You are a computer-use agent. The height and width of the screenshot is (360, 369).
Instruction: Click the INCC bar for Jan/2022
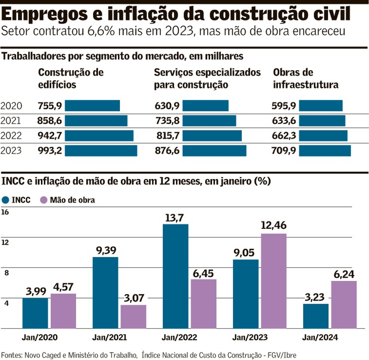coord(175,276)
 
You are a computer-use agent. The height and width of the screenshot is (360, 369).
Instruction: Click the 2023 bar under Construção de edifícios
coord(101,151)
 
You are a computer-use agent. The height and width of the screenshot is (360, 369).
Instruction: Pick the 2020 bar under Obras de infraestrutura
coord(321,106)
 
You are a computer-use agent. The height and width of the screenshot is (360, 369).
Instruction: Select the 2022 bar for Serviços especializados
coord(212,136)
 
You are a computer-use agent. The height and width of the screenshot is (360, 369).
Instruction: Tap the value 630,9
coord(167,106)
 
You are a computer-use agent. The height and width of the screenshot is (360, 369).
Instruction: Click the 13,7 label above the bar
coord(175,217)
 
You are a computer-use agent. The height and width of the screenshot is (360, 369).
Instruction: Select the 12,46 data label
coord(273,226)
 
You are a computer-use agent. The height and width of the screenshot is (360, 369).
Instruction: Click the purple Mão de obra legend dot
coord(44,200)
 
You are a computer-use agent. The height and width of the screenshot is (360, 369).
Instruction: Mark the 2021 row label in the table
coord(11,121)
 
